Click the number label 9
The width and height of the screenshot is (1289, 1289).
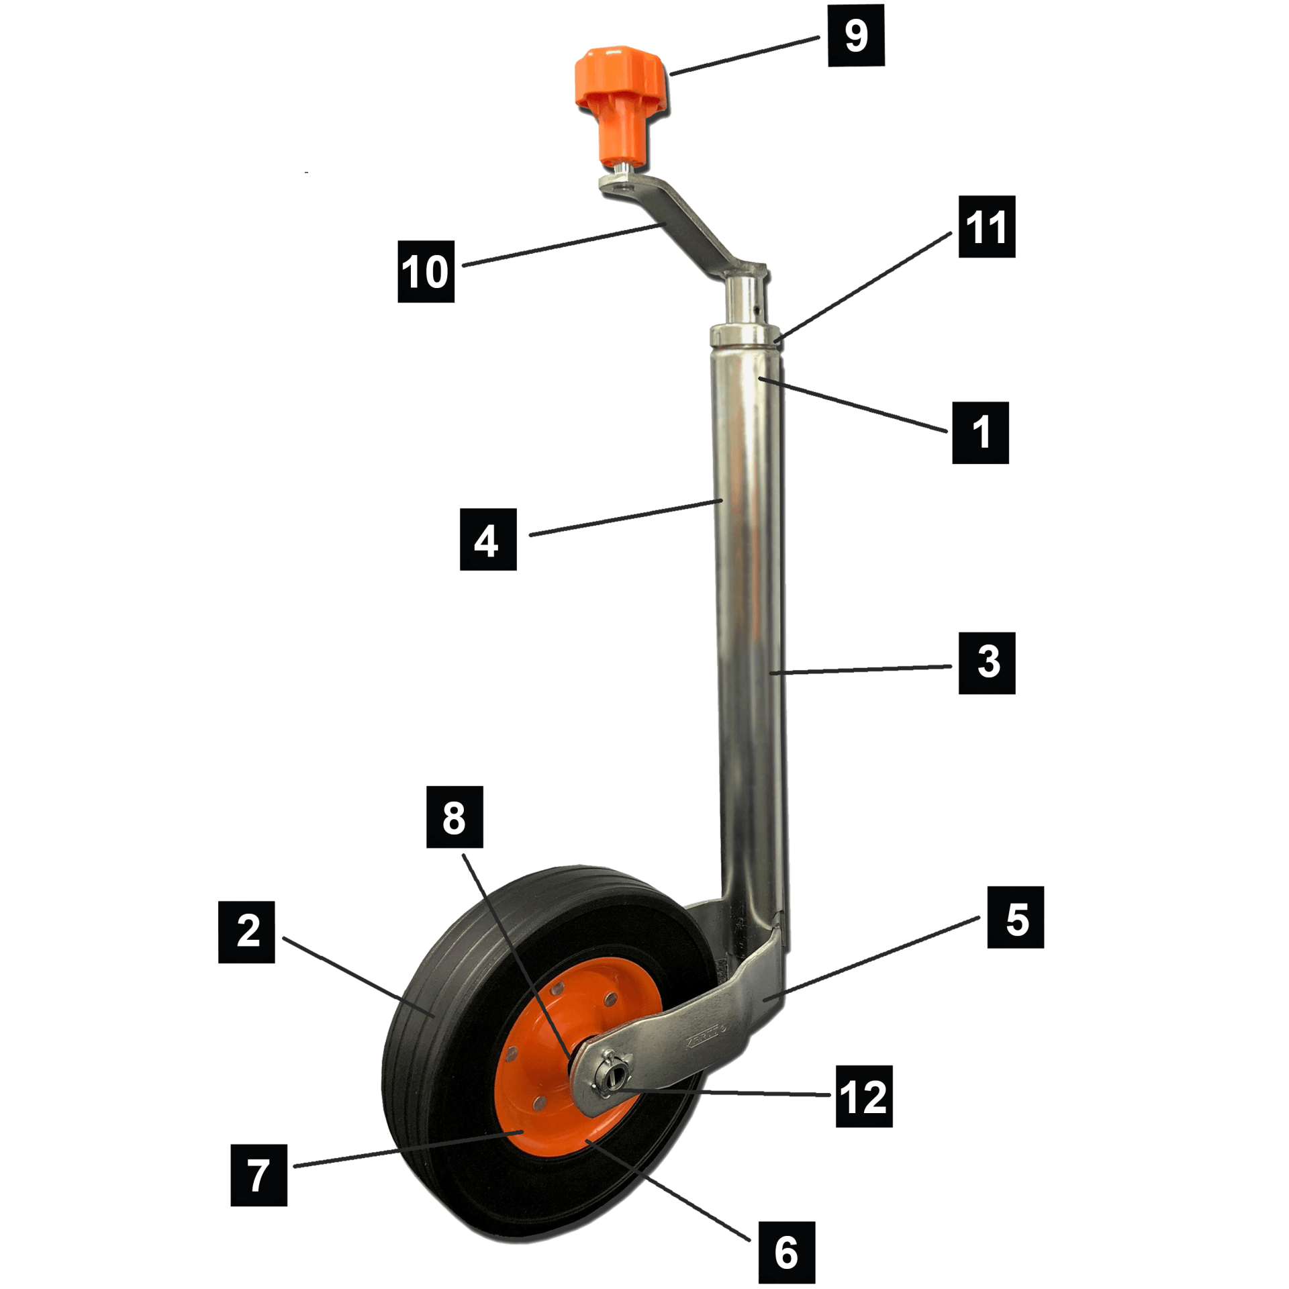(x=856, y=36)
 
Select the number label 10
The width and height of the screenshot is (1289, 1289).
(x=426, y=271)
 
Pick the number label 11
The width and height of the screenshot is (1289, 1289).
(x=986, y=227)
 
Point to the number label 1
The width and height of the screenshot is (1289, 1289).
(x=980, y=432)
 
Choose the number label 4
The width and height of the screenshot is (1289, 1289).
(x=487, y=539)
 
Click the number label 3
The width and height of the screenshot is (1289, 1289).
(x=986, y=663)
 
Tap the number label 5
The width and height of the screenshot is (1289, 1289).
(x=1015, y=917)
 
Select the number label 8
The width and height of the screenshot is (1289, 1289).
(x=455, y=817)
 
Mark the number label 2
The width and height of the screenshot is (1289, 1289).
(x=246, y=932)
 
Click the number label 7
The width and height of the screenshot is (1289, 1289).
(x=258, y=1175)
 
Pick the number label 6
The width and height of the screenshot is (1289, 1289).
(x=786, y=1252)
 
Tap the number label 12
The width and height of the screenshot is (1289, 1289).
(x=863, y=1096)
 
